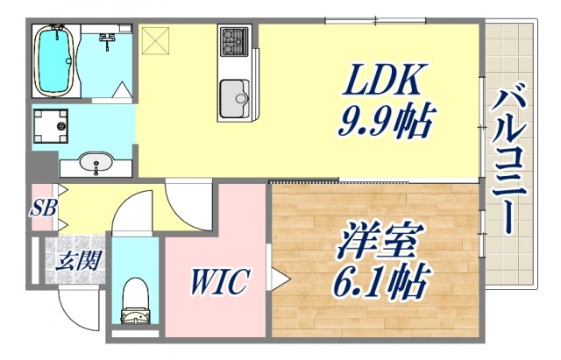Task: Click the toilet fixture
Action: pyautogui.click(x=136, y=300)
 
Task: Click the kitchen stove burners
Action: pyautogui.click(x=234, y=39)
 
